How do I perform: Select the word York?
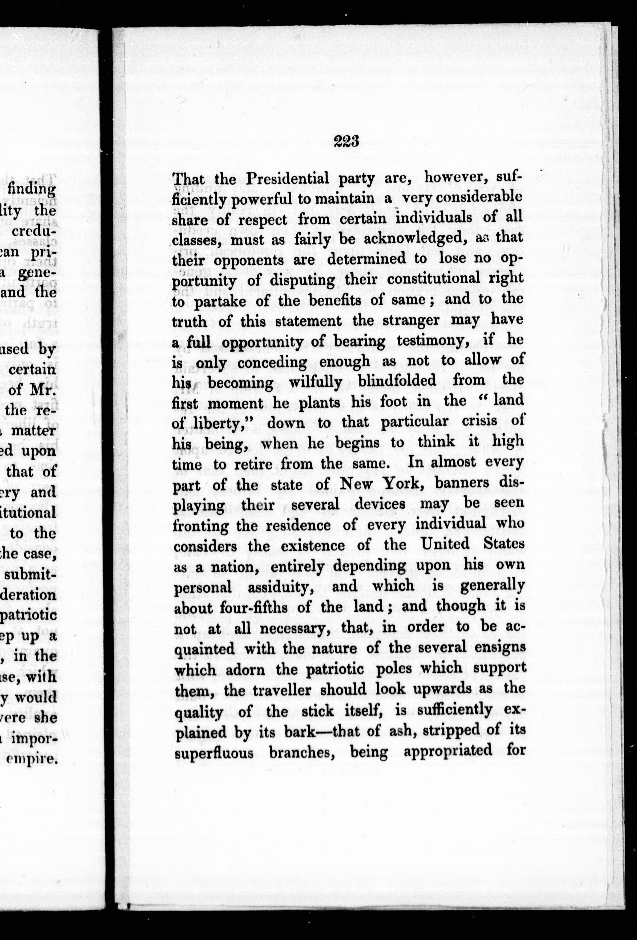pos(397,483)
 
